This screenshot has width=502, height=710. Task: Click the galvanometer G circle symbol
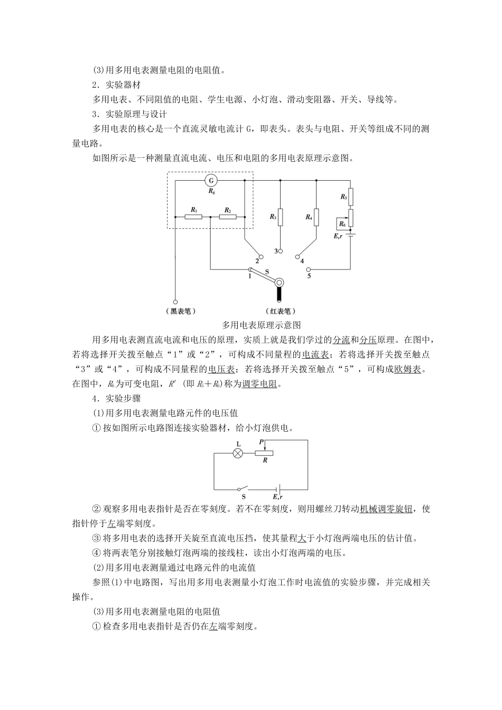(x=211, y=180)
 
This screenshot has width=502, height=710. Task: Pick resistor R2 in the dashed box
(x=228, y=216)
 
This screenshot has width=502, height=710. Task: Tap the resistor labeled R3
(x=280, y=217)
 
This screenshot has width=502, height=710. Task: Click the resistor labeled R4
(x=316, y=217)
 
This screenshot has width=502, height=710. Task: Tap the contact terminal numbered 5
(x=310, y=269)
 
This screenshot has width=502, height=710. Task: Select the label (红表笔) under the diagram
(x=280, y=311)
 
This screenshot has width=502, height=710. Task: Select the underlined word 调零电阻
(x=260, y=384)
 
